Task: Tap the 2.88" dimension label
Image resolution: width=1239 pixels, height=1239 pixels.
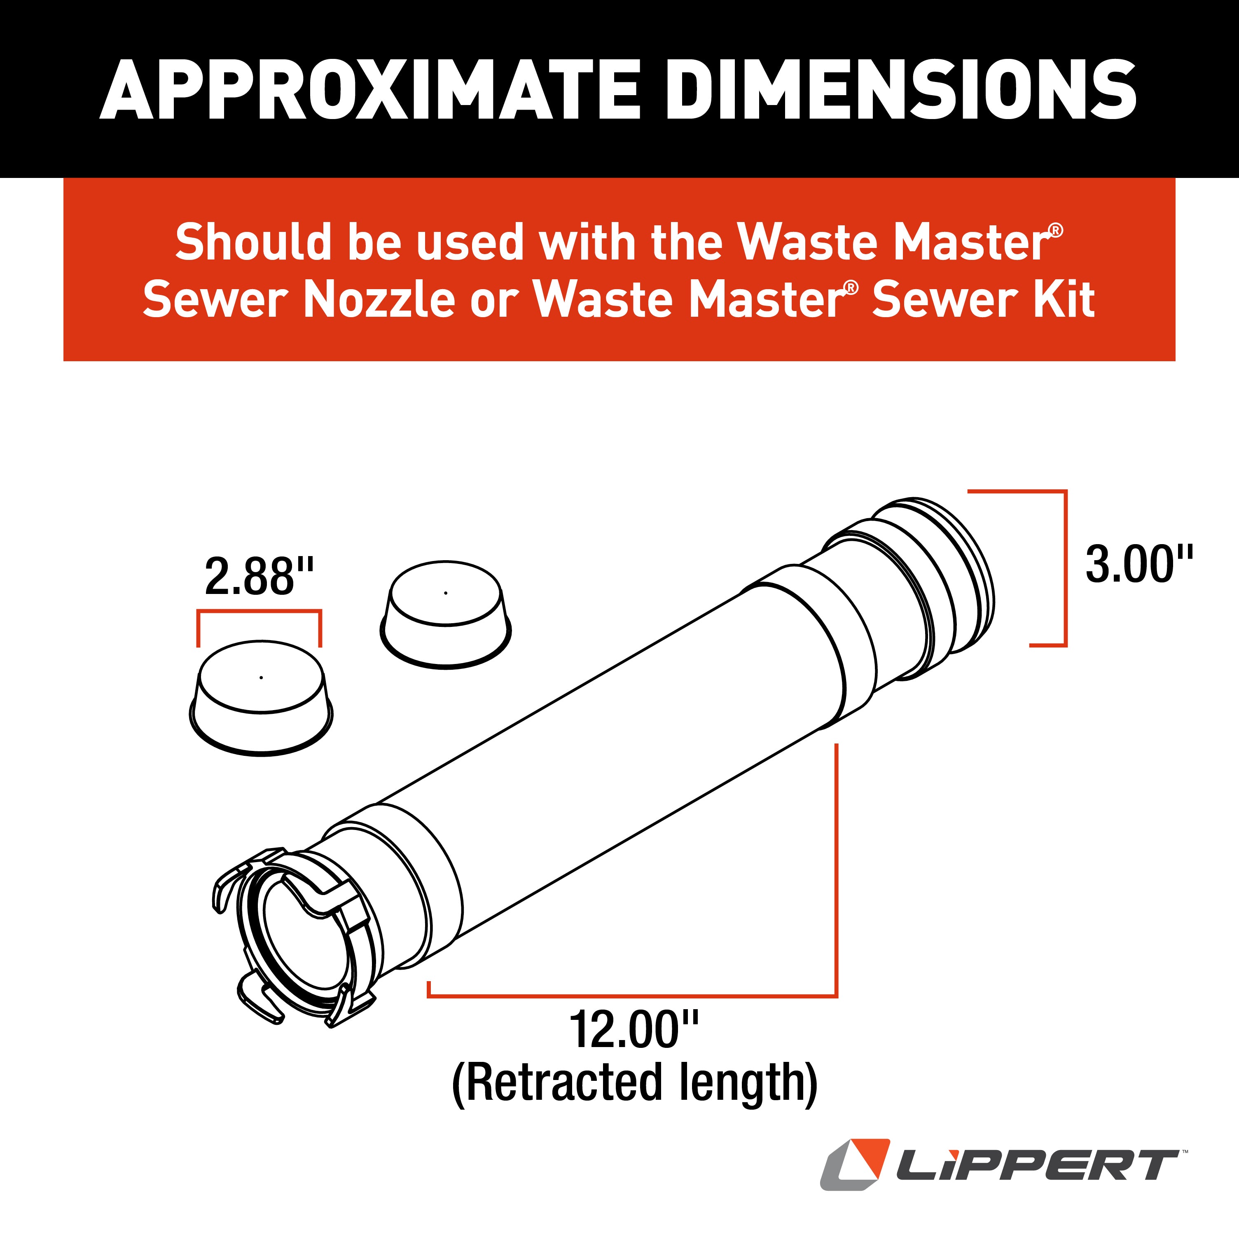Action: coord(259,577)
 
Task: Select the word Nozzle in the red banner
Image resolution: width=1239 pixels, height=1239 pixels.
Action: coord(379,299)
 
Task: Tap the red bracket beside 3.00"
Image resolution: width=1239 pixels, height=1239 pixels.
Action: coord(1065,568)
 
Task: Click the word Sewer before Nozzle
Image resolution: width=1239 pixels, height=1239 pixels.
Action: coord(215,299)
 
